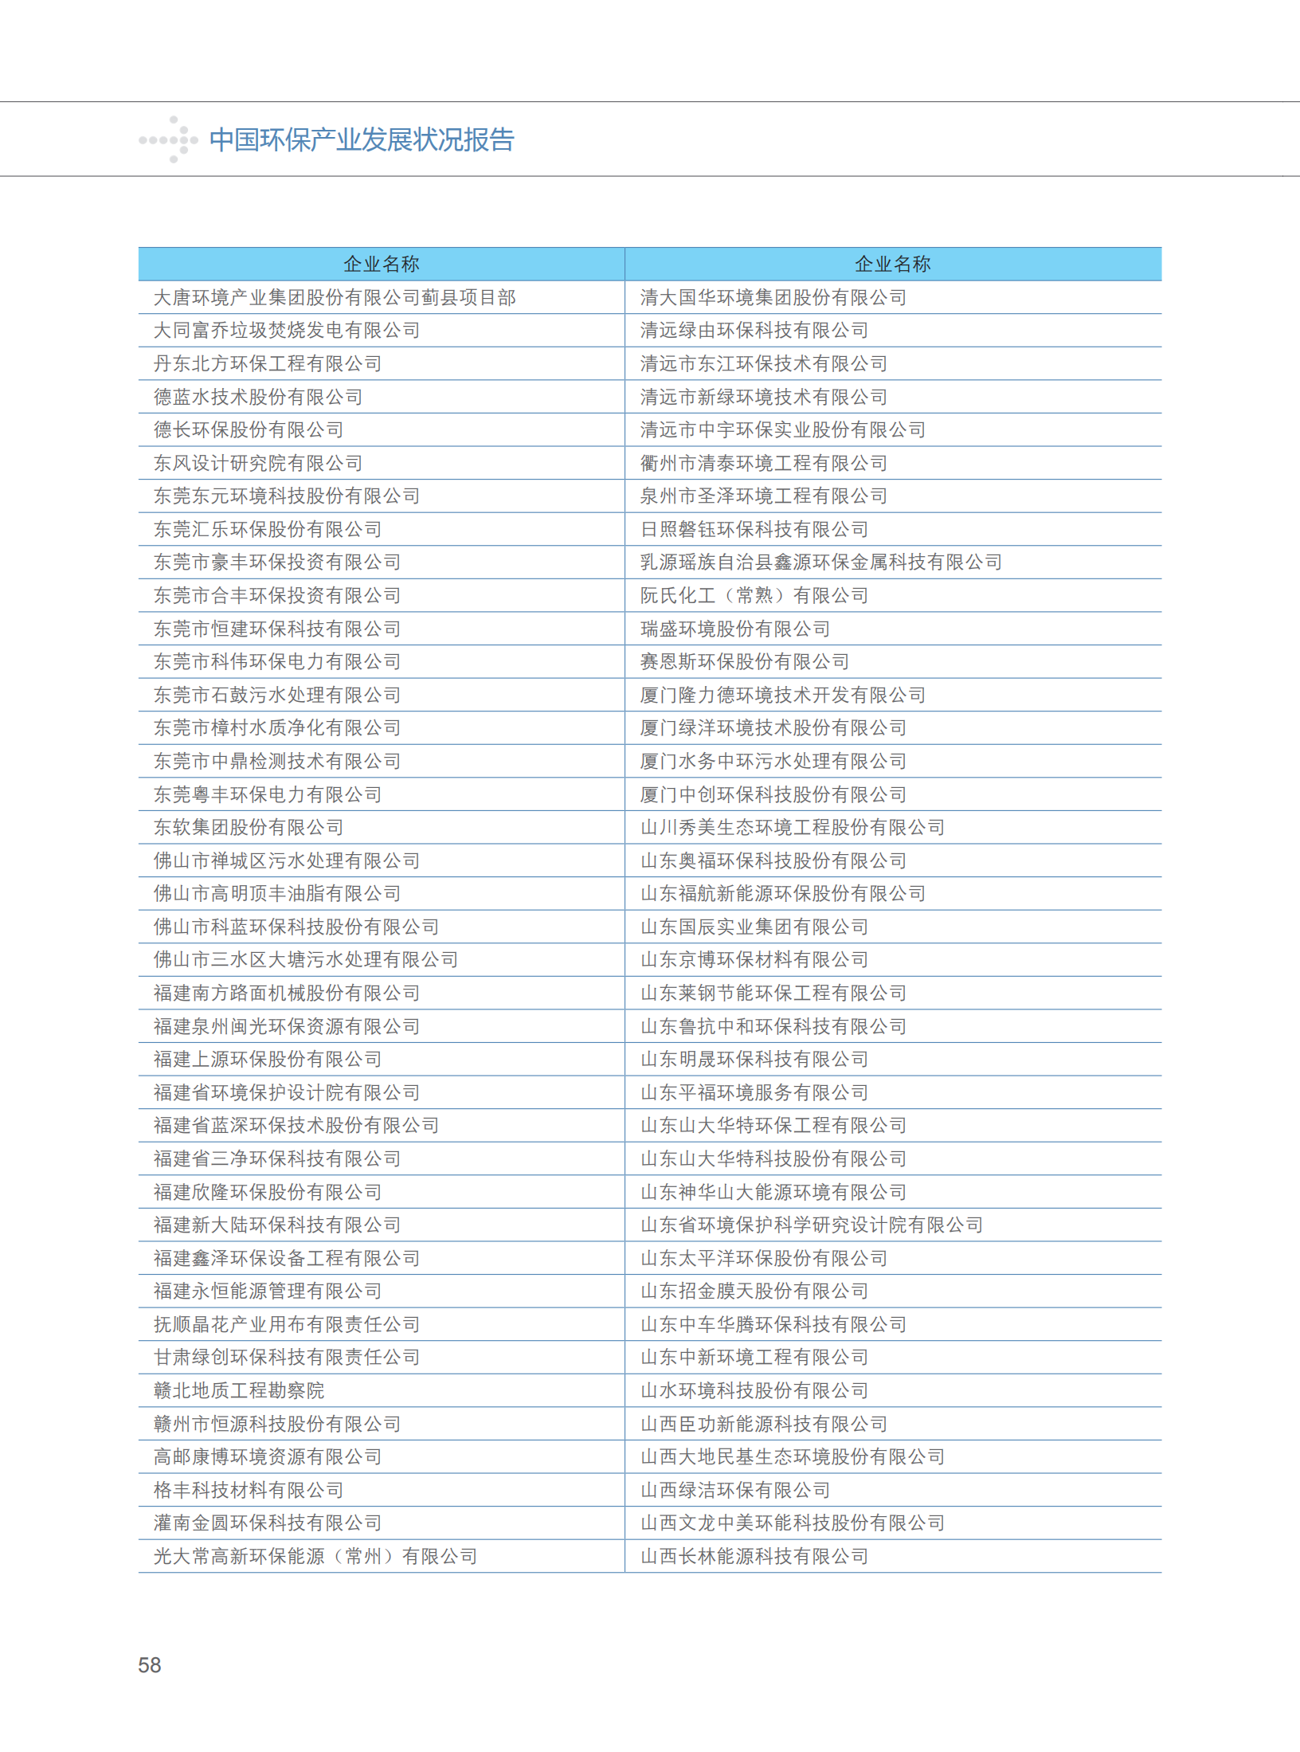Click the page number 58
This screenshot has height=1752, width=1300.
point(150,1664)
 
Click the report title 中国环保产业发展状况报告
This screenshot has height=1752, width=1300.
point(362,140)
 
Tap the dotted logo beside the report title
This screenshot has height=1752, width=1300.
point(169,140)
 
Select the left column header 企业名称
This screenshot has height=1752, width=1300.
point(382,264)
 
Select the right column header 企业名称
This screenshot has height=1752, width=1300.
point(892,264)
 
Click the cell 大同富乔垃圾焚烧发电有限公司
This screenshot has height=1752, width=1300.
point(287,330)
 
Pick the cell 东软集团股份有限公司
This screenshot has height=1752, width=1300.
point(249,827)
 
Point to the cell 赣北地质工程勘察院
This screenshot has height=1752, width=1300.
point(239,1390)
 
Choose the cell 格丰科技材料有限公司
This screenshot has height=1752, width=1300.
point(249,1490)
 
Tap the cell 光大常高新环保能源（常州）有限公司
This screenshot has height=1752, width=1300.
point(315,1556)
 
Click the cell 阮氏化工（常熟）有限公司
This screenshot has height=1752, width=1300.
point(754,595)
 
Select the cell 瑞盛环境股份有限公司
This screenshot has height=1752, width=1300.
point(735,629)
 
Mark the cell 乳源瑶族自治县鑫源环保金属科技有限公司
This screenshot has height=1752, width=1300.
point(821,562)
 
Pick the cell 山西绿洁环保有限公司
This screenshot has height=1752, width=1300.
point(735,1490)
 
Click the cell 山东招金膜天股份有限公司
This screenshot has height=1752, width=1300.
point(754,1291)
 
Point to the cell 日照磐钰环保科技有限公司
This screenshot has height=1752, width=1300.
point(754,529)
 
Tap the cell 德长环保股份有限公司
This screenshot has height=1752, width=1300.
point(249,429)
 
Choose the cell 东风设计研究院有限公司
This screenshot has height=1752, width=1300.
point(258,463)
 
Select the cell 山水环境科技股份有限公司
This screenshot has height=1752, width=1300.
point(754,1390)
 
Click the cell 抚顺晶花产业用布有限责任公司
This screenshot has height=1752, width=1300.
point(287,1324)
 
